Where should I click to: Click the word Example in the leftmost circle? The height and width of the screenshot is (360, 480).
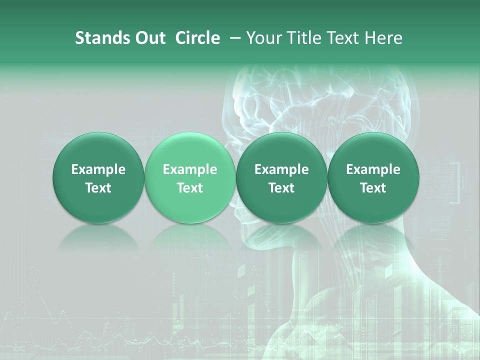[x=98, y=169]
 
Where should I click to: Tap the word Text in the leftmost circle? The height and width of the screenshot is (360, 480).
[x=98, y=188]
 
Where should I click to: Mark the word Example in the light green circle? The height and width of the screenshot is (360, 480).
[x=189, y=169]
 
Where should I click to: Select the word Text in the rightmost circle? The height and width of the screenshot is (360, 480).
[x=373, y=188]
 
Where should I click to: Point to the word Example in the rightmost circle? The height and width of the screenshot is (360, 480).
[x=373, y=169]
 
